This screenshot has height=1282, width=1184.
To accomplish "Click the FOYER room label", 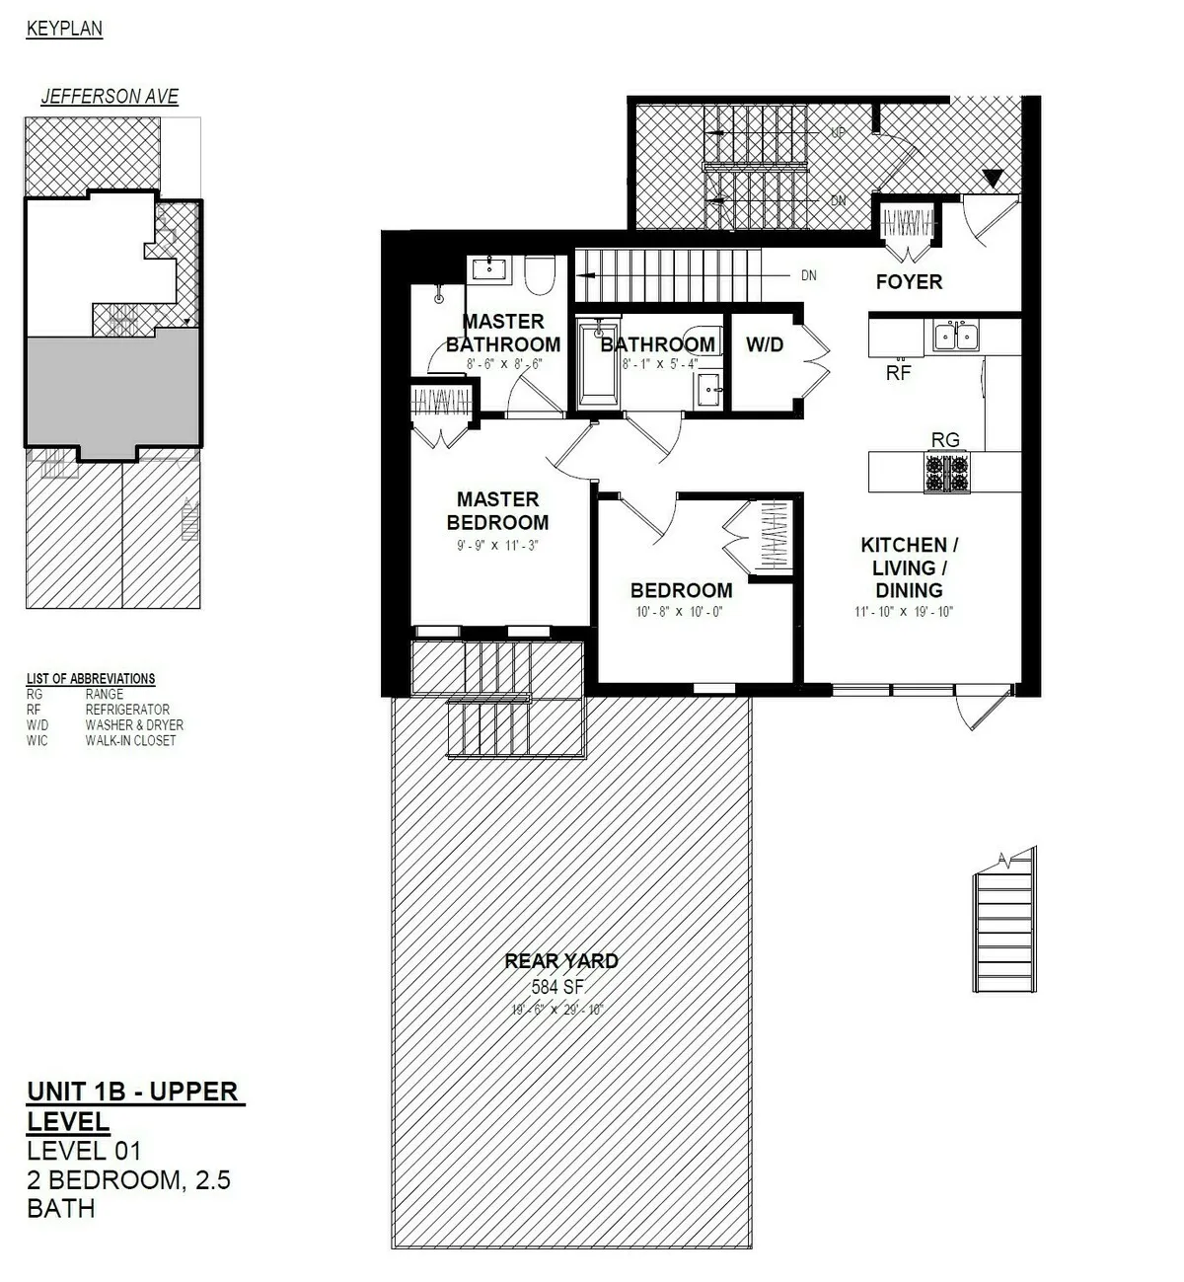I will (908, 282).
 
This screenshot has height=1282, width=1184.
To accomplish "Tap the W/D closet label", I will (764, 344).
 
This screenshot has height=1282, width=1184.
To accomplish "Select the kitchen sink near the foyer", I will (954, 337).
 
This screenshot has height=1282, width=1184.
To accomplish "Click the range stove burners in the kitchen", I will (945, 473).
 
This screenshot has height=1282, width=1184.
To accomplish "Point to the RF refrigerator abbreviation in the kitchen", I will (898, 373).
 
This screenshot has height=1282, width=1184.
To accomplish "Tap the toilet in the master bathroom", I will (540, 273).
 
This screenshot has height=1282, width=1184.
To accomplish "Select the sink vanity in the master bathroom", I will (488, 268).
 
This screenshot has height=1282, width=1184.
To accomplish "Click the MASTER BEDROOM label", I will (497, 511).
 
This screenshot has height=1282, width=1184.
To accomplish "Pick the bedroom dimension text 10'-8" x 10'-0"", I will (681, 612).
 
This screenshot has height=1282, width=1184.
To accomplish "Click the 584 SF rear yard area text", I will (560, 986).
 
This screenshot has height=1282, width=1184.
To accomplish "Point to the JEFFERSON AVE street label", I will (110, 97).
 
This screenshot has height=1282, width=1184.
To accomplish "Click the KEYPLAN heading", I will (64, 29).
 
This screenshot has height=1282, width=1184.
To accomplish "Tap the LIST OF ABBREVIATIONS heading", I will (90, 679).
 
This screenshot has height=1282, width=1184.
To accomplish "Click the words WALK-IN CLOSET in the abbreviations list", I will (130, 740).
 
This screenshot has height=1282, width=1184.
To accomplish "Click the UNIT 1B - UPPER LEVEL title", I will (134, 1105).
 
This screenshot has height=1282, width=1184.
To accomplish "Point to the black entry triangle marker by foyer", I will (994, 179).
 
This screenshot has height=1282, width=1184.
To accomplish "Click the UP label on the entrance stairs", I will (838, 131).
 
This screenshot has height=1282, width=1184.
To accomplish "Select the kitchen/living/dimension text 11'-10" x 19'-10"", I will (903, 612).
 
